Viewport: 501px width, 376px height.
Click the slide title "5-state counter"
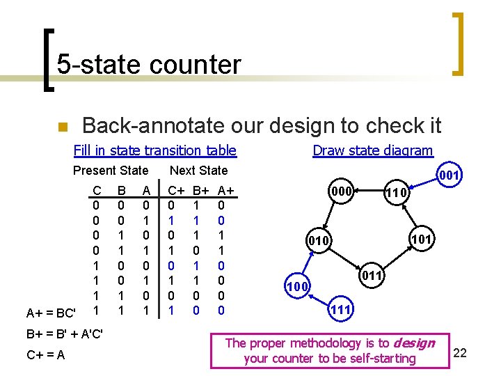click(x=148, y=65)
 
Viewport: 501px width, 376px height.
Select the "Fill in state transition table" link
click(x=154, y=150)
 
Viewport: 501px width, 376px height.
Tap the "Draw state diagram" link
click(x=372, y=150)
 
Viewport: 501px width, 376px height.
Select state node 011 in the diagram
click(x=373, y=276)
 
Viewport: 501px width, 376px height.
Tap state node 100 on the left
click(x=298, y=286)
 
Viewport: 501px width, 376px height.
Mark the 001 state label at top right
click(x=448, y=175)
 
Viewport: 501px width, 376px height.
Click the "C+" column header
click(x=177, y=191)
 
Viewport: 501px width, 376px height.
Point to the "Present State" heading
click(x=111, y=171)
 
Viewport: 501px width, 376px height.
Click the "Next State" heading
click(x=198, y=171)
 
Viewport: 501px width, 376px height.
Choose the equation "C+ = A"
click(x=46, y=356)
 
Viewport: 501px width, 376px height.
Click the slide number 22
click(x=459, y=353)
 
